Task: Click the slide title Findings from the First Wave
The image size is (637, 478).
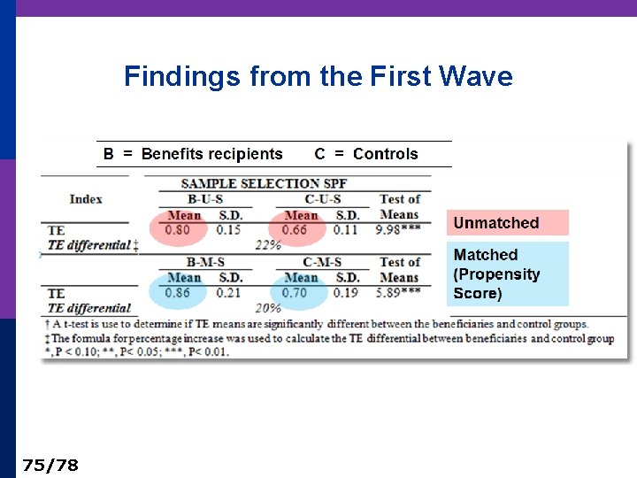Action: point(318,76)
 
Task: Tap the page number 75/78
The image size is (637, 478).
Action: point(50,465)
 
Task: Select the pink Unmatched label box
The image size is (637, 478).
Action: point(508,223)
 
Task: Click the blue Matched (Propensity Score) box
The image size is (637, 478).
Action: point(508,274)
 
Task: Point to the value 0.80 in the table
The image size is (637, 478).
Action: point(178,230)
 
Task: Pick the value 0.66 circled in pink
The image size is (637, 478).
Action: point(295,230)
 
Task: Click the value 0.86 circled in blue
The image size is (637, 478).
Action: point(178,293)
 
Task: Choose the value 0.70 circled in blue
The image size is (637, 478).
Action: point(295,293)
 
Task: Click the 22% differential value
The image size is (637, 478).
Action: point(268,245)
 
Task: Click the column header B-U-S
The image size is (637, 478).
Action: point(204,199)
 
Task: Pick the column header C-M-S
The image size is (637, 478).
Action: point(322,262)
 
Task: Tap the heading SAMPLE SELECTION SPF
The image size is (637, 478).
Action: point(264,183)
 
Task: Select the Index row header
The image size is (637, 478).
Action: point(86,199)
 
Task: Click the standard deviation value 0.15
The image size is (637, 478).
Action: point(229,230)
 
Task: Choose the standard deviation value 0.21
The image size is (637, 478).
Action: point(229,293)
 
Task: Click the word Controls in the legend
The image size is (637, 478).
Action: point(385,154)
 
